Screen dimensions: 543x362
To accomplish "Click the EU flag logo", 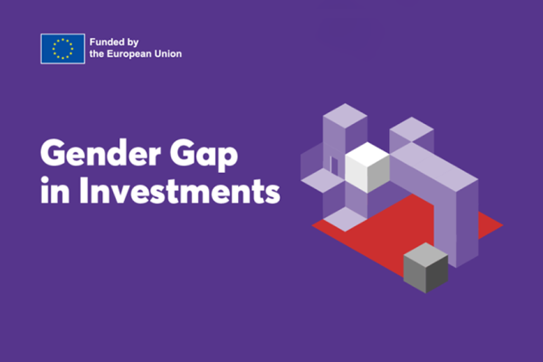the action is pos(62,49).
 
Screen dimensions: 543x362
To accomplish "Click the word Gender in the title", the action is pos(100,153).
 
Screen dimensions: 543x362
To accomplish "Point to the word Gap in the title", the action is pos(204,155).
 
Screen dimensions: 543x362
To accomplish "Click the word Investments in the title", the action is pos(180,191).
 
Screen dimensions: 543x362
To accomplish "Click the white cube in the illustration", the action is pos(367,167).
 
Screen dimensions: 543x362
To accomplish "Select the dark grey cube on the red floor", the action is pos(425,268).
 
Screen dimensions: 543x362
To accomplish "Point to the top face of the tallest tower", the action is pos(345,116).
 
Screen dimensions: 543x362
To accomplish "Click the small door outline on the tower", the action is pos(334,166).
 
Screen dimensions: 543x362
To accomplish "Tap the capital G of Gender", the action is pos(53,153).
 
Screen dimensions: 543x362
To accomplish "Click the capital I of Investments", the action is pos(83,191).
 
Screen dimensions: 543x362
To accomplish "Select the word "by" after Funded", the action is pos(133,43).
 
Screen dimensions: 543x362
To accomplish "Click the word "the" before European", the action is pos(97,54).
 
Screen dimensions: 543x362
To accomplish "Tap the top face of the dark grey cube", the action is pos(425,255).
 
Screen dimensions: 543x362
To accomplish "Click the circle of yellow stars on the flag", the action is pos(62,49).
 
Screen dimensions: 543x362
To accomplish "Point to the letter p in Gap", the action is pos(228,159).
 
